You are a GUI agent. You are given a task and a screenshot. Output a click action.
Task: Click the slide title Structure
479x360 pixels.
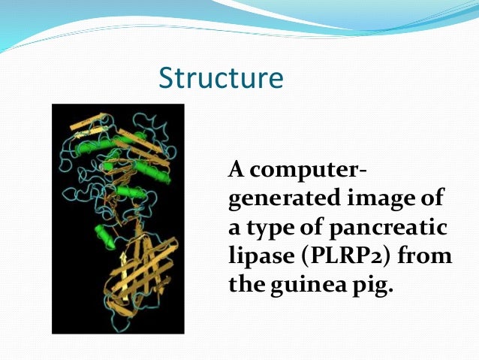click(221, 79)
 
